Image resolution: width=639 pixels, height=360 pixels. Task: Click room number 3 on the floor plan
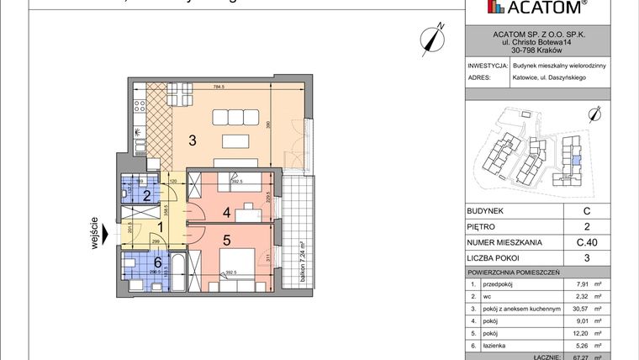click(x=193, y=140)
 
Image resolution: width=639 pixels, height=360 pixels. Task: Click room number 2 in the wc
click(x=145, y=197)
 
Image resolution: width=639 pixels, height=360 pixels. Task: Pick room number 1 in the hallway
click(x=161, y=227)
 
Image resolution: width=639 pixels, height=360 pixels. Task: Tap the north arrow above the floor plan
click(x=434, y=38)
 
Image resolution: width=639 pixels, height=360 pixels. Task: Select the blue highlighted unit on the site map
click(x=575, y=157)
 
